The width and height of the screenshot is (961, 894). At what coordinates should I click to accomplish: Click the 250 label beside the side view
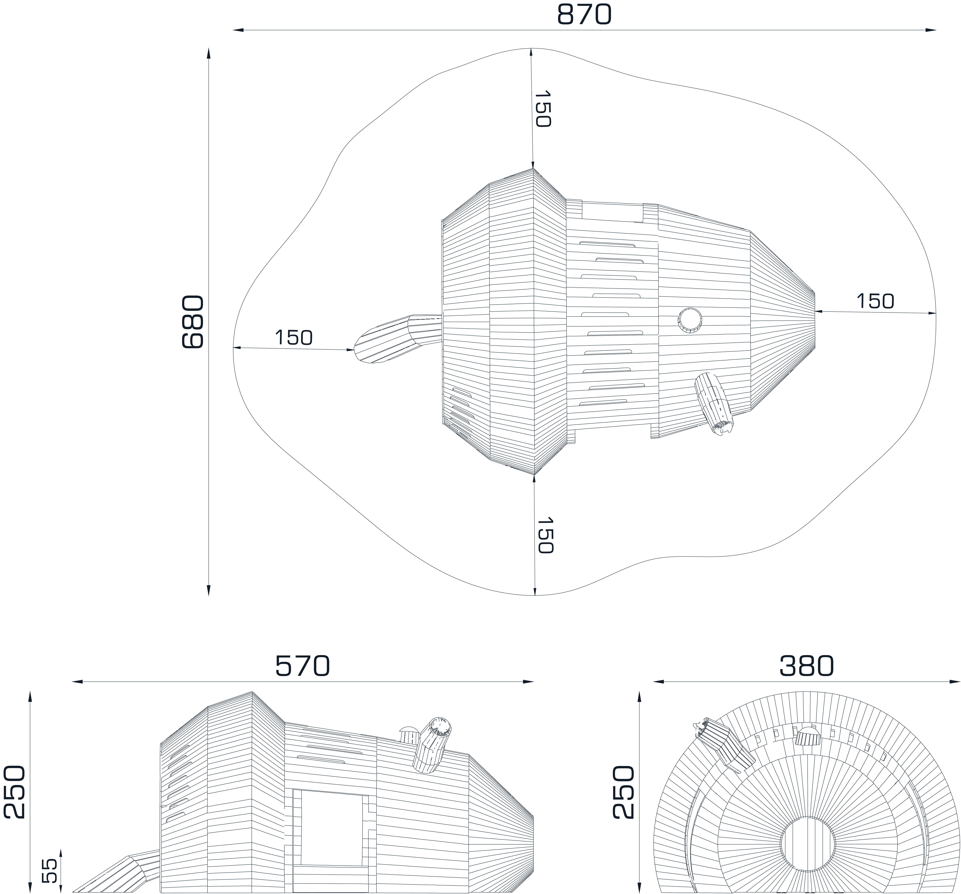click(14, 792)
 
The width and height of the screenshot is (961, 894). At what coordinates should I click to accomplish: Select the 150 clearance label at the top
click(542, 109)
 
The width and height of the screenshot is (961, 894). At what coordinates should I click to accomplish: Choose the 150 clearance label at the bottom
click(545, 535)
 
